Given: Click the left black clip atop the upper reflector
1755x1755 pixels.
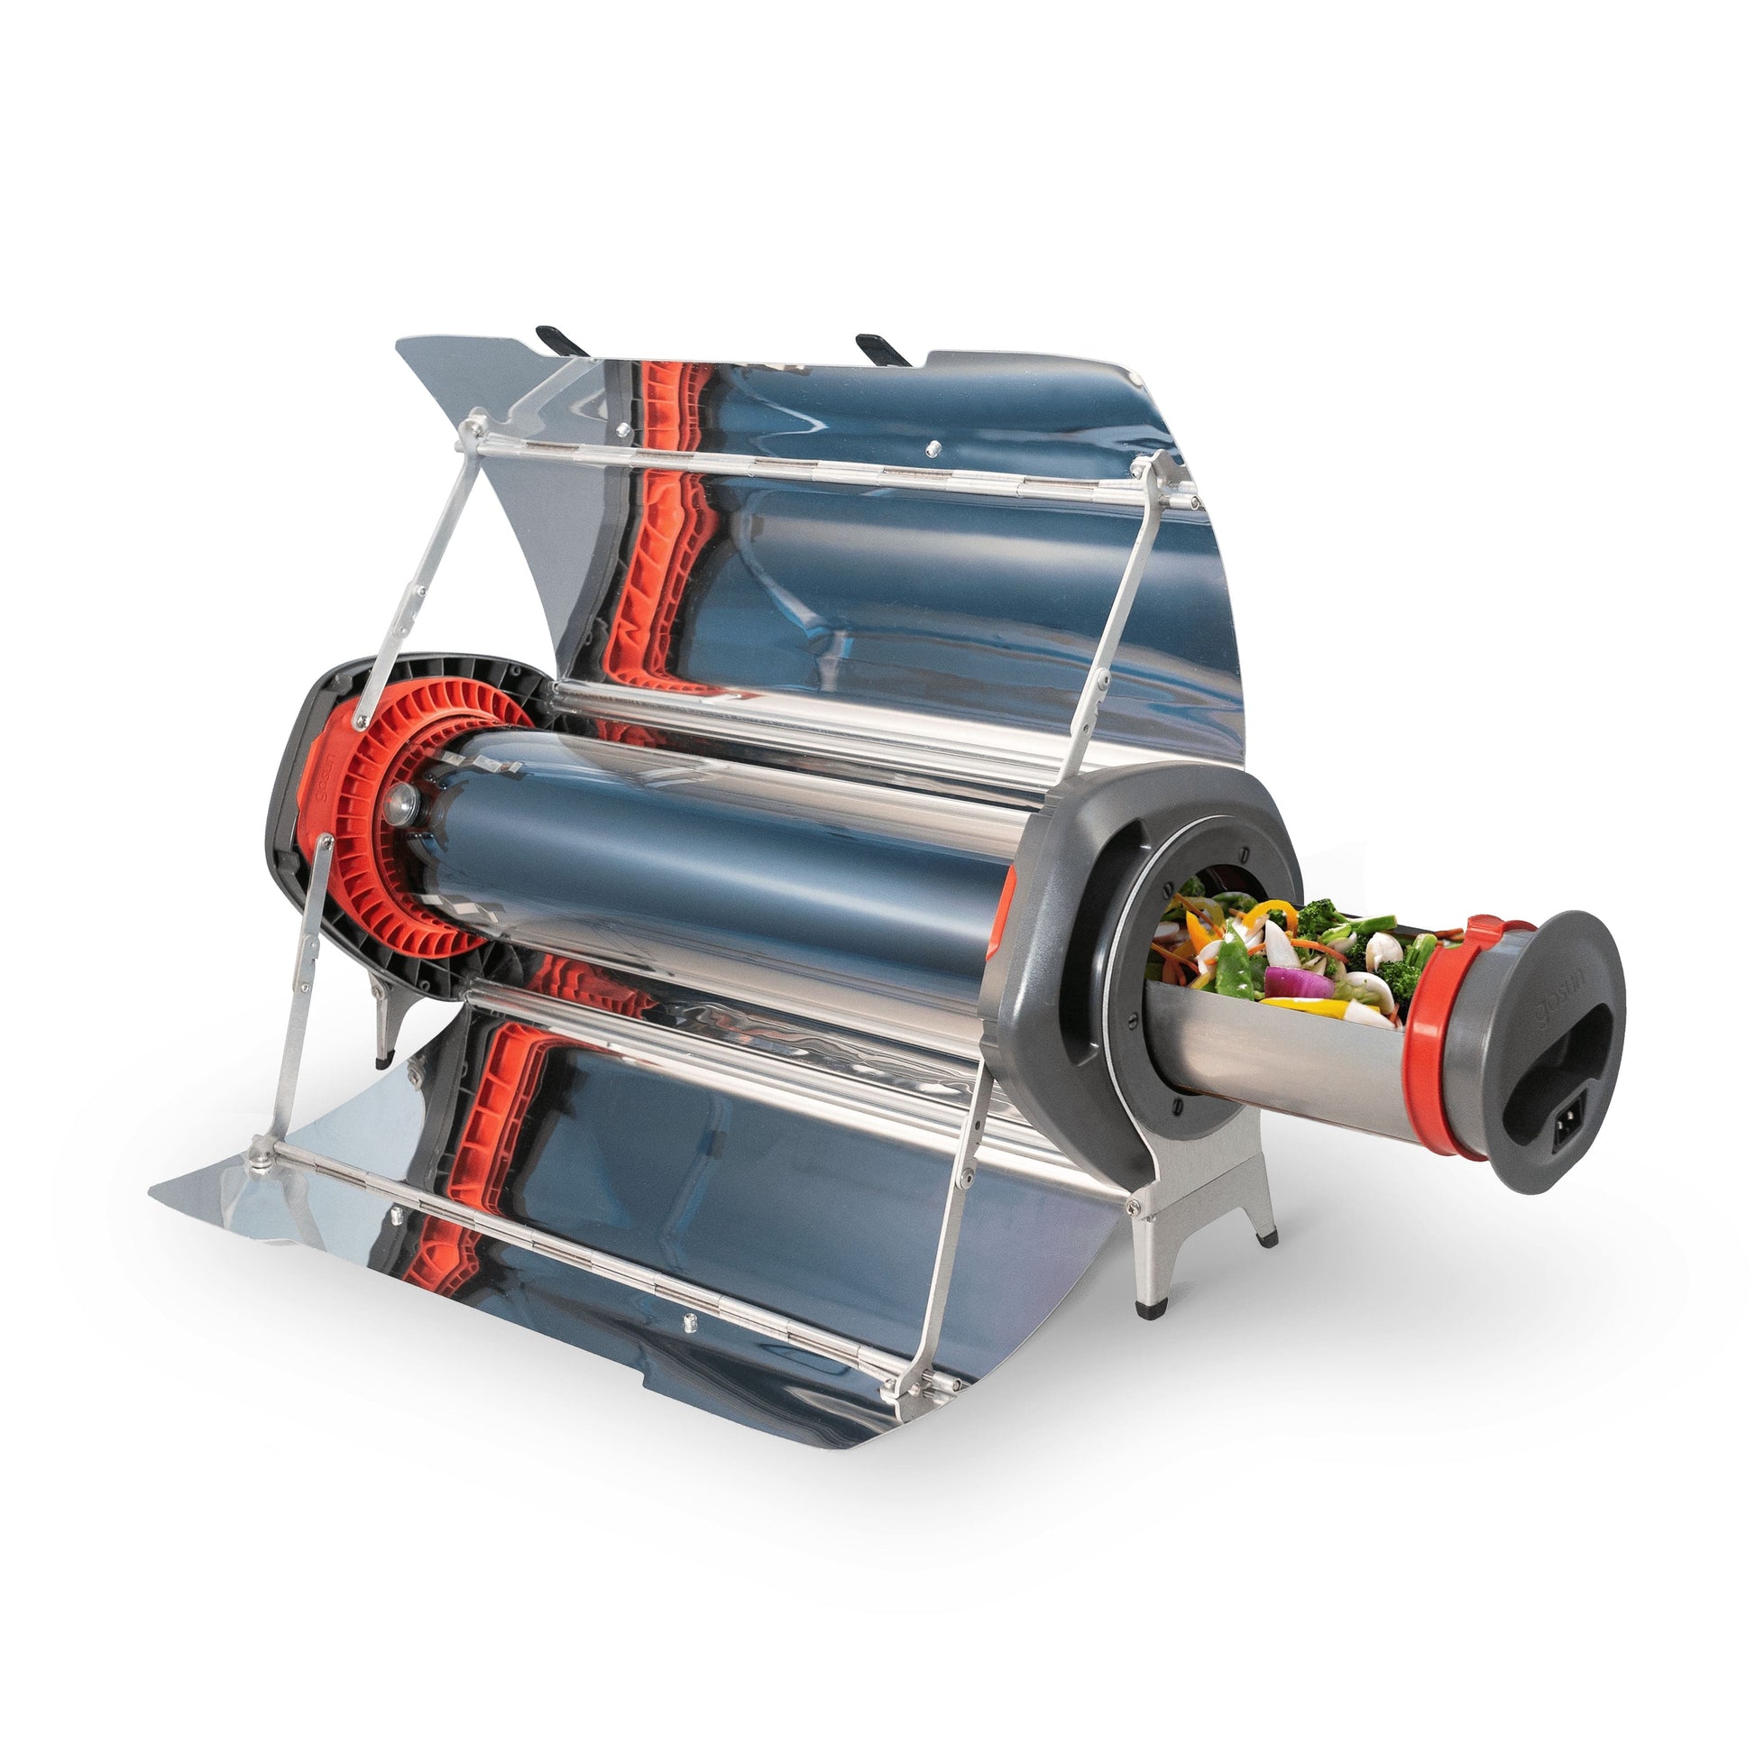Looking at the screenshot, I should point(562,340).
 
